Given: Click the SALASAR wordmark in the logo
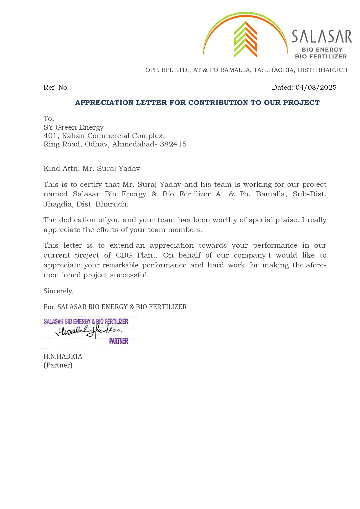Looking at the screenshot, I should (x=321, y=37).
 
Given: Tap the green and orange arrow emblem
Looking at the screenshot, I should (x=245, y=39).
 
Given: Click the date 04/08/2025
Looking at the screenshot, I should (x=316, y=88).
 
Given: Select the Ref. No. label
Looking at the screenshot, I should (x=56, y=88).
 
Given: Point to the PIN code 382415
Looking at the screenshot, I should (x=173, y=144).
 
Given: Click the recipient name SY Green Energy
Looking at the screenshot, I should (x=73, y=127).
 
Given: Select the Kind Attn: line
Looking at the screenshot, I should (x=91, y=169).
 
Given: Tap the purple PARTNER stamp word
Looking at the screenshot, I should (x=119, y=341).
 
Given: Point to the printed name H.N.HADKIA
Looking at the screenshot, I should (x=63, y=356).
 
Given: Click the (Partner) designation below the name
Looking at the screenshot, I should (x=58, y=365).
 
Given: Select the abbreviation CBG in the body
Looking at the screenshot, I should (x=124, y=255).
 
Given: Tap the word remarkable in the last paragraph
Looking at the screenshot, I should (x=120, y=265).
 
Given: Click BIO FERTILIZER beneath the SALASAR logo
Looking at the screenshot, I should (x=321, y=56).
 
